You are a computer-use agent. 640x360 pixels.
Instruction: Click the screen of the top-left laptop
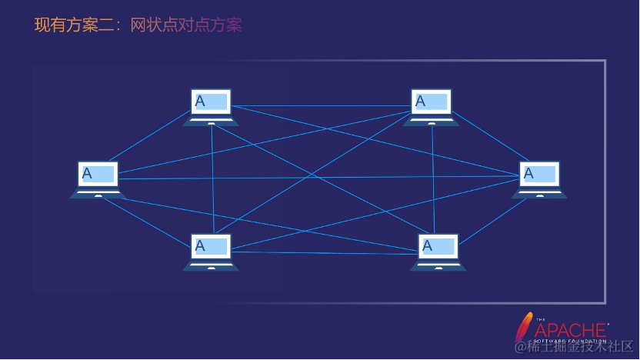tap(211, 101)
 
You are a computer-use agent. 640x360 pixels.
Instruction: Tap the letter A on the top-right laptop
tap(421, 101)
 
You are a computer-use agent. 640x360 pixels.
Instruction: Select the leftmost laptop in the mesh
tap(98, 179)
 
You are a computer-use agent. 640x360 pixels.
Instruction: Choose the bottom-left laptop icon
tap(211, 252)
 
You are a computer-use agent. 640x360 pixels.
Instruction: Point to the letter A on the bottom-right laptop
tap(428, 246)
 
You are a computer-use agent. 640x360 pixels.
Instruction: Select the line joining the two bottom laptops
tap(323, 252)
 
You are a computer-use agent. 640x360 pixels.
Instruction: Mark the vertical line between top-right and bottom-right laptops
tap(433, 177)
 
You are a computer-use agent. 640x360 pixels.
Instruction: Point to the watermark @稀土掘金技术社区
tap(572, 348)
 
